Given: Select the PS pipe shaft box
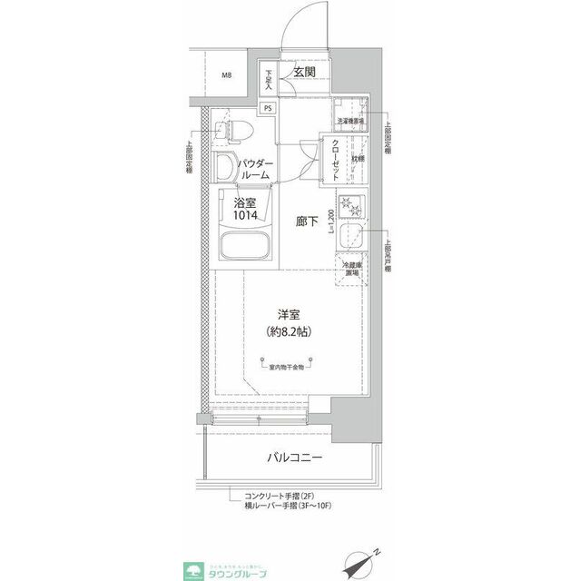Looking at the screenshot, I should coord(268,107).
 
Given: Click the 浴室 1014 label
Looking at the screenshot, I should coord(245,210).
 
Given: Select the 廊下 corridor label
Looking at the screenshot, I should coord(306,221).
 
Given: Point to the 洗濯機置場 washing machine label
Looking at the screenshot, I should coord(350,120).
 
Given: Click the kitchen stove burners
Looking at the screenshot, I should coord(351,208).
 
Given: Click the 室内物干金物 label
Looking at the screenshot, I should coord(290,366).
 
